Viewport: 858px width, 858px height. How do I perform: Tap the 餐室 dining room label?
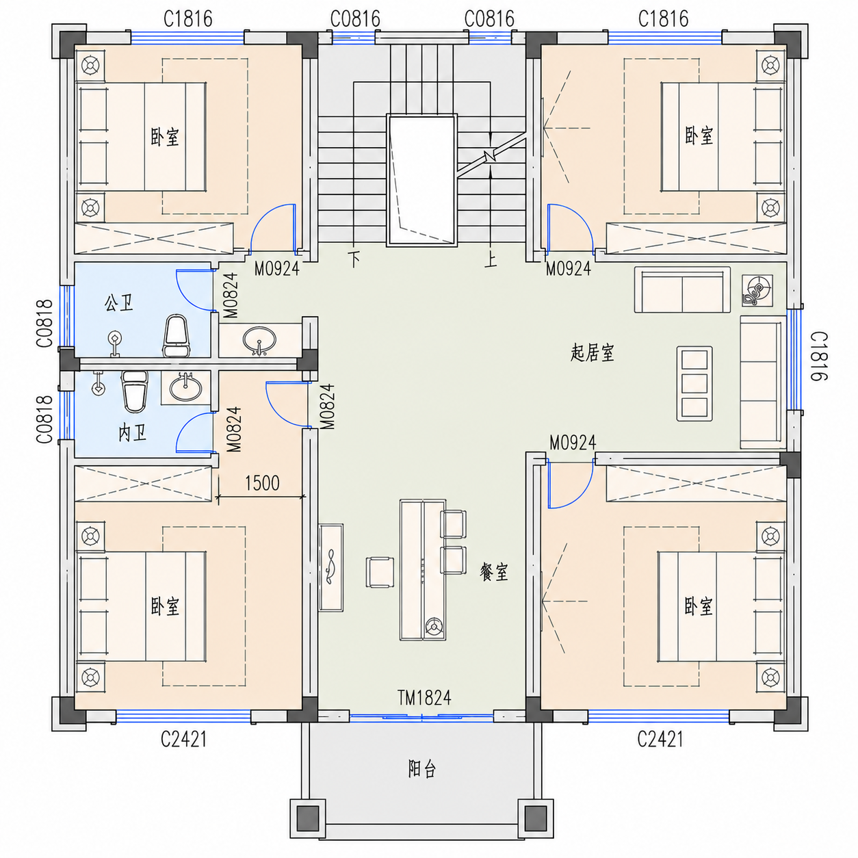pos(494,572)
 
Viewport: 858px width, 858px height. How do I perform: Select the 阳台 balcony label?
pos(421,768)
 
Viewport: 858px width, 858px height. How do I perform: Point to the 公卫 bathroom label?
pos(119,303)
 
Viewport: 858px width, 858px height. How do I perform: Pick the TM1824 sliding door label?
pos(424,698)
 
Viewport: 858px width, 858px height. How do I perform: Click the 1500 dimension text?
pos(262,483)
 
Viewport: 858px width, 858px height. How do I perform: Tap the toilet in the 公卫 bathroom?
pos(177,336)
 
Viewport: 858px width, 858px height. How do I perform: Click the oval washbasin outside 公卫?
pos(259,341)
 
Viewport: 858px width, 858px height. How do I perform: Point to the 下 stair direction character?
pos(354,259)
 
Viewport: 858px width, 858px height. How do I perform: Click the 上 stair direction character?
pos(491,259)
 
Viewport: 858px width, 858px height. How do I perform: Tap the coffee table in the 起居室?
pos(694,383)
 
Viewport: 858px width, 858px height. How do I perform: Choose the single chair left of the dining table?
pos(380,572)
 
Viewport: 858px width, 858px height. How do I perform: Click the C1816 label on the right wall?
pos(818,356)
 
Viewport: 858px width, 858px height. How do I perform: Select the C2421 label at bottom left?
pos(183,739)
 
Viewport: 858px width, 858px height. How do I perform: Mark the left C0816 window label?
pos(355,19)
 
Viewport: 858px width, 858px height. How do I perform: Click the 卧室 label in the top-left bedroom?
pos(165,137)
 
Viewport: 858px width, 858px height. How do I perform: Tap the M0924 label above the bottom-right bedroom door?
pos(573,443)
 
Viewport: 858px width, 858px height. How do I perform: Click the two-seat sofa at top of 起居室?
pos(682,290)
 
